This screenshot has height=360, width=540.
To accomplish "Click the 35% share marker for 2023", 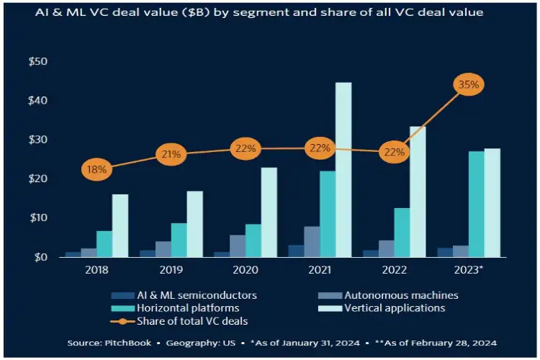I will coord(469,85).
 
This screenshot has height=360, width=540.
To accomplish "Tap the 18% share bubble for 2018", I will coord(96,170).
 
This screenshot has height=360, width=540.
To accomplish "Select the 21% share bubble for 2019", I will coord(172,154).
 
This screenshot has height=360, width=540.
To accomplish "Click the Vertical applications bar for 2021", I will coord(343,169).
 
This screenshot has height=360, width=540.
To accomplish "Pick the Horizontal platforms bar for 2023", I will coord(476,204).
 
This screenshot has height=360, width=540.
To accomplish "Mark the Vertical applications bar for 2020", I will coord(269,212).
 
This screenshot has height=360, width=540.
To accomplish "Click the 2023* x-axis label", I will coord(470,272).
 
